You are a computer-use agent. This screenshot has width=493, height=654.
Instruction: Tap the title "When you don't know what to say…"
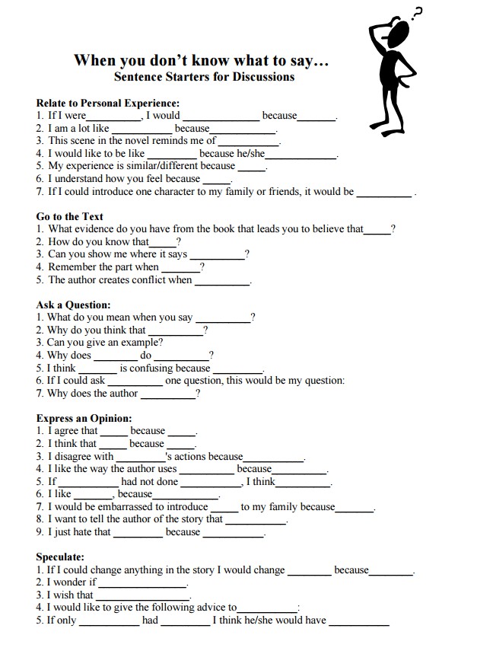[202, 60]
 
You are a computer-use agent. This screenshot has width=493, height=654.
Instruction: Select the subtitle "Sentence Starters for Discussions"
[204, 76]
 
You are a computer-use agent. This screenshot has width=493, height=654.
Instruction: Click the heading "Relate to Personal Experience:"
[108, 103]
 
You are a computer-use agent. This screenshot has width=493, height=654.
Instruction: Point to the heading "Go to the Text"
[70, 216]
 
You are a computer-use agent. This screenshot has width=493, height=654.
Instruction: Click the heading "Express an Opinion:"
[84, 418]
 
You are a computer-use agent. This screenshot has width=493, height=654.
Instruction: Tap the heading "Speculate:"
[60, 557]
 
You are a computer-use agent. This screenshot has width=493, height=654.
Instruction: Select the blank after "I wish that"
[142, 596]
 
